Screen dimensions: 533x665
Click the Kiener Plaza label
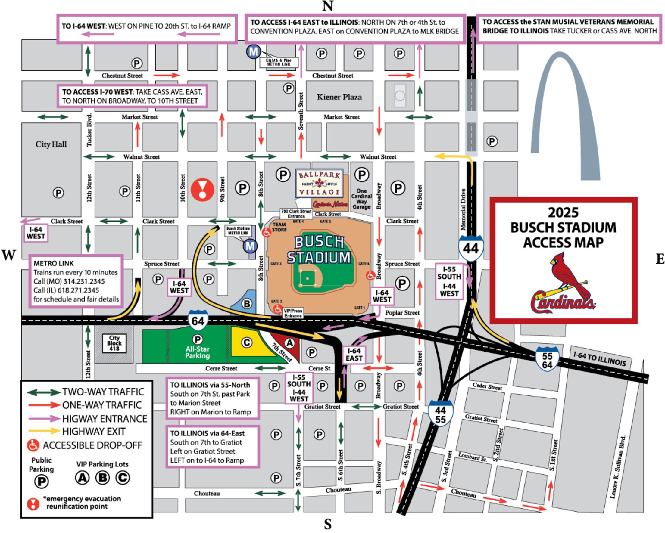point(339,97)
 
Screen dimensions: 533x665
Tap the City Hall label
point(51,144)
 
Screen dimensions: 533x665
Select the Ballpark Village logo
point(319,183)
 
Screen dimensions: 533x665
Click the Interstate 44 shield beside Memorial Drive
point(470,248)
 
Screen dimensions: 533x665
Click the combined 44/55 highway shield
point(440,415)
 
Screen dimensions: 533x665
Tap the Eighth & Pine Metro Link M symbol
point(254,52)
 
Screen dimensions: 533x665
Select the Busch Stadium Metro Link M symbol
point(250,246)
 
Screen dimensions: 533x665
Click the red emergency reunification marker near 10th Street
point(202,190)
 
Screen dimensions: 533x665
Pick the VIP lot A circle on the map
point(289,343)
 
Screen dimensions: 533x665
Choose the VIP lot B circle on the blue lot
point(247,304)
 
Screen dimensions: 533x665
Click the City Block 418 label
point(114,343)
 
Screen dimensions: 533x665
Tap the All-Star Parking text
point(197,352)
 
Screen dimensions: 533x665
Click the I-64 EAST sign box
point(354,355)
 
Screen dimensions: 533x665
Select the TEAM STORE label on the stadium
point(279,227)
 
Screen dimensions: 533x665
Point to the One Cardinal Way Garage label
point(361,199)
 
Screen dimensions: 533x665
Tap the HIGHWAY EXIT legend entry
point(93,431)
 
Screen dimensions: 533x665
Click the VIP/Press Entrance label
point(293,313)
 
